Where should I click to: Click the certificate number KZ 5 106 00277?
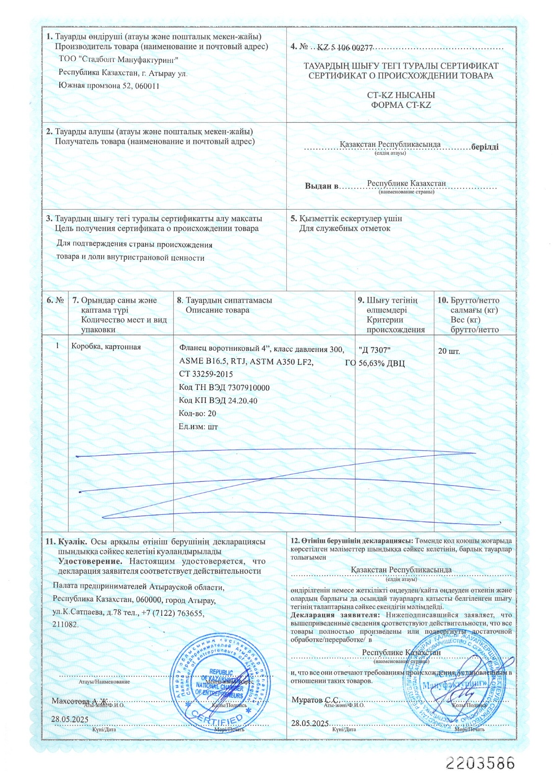[345, 48]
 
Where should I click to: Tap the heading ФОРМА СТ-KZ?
[401, 105]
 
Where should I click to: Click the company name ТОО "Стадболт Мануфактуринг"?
[118, 59]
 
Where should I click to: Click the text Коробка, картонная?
[106, 347]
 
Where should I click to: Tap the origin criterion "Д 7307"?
[375, 350]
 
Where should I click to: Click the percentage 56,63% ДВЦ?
[382, 363]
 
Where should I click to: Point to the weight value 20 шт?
[449, 351]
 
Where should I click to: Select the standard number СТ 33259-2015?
[206, 374]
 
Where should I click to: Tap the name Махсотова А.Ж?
[80, 700]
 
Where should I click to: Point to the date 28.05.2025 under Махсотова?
[70, 719]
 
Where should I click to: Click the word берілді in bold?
[485, 147]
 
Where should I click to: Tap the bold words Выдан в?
[321, 186]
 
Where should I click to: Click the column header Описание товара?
[217, 310]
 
